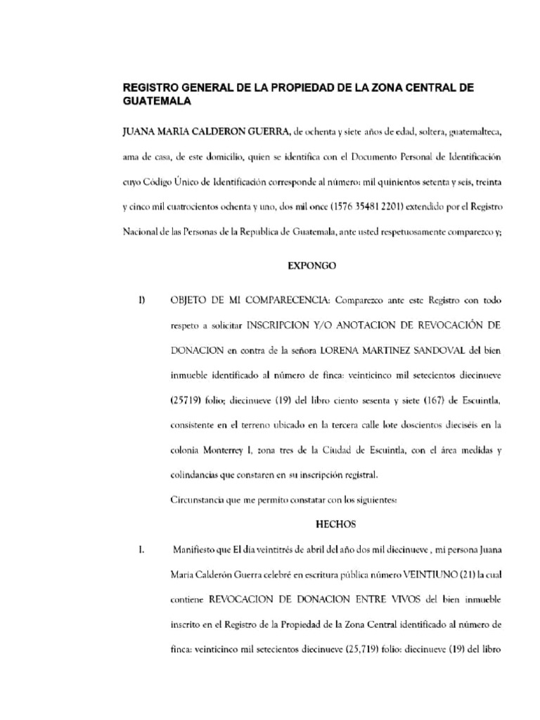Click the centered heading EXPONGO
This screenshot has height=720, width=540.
314,267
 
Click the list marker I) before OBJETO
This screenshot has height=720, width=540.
142,301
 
